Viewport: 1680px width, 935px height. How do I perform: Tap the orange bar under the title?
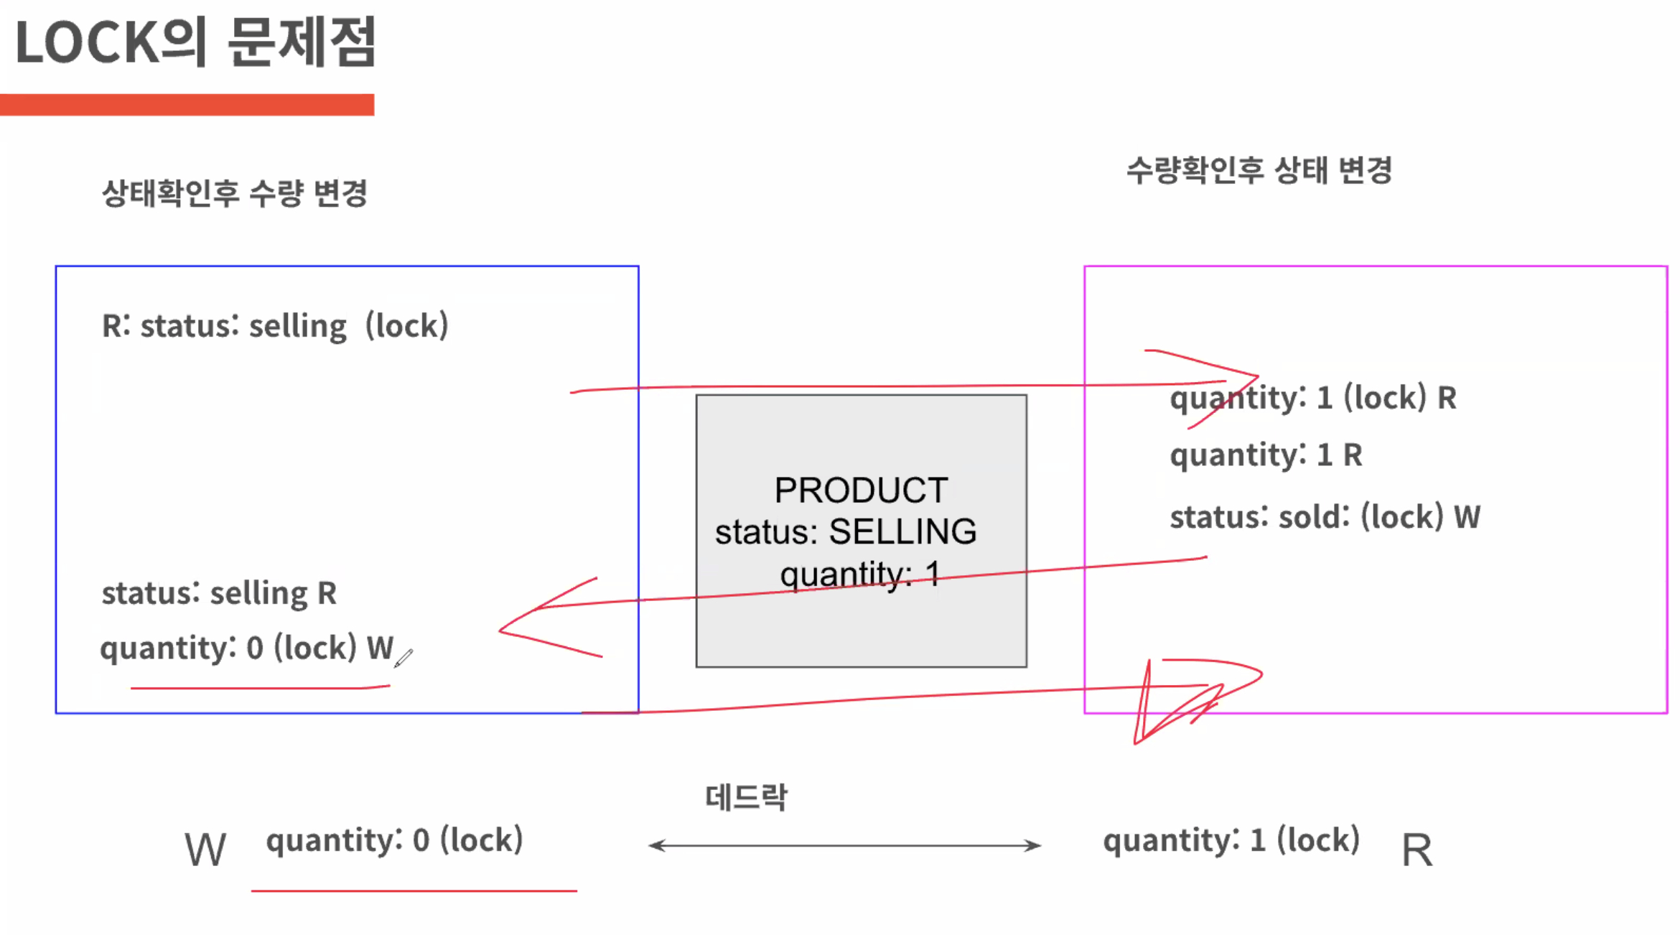click(x=187, y=105)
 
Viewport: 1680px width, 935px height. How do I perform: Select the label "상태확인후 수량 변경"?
click(x=235, y=193)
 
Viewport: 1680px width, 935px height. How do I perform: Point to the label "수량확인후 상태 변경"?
click(x=1259, y=171)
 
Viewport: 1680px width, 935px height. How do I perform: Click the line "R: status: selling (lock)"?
click(x=275, y=326)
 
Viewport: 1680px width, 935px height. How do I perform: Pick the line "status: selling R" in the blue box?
click(x=219, y=593)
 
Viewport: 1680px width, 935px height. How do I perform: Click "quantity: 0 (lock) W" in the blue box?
click(x=246, y=648)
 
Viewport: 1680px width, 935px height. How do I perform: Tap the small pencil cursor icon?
click(x=403, y=657)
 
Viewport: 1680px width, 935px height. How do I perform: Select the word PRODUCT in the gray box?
click(x=861, y=490)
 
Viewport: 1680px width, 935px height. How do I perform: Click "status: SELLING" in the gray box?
click(x=846, y=532)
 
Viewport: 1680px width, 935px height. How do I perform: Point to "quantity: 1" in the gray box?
click(x=859, y=574)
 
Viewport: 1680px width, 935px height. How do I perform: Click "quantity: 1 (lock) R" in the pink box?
click(x=1313, y=398)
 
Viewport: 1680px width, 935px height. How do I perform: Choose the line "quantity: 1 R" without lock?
click(x=1266, y=455)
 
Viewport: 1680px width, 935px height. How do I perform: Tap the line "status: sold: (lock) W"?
click(x=1325, y=517)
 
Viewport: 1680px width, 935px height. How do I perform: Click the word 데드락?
click(x=746, y=797)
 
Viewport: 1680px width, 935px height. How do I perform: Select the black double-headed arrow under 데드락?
click(x=844, y=845)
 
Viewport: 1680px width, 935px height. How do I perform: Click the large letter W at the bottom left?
click(x=205, y=850)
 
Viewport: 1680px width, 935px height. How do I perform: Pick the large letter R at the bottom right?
click(x=1417, y=850)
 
